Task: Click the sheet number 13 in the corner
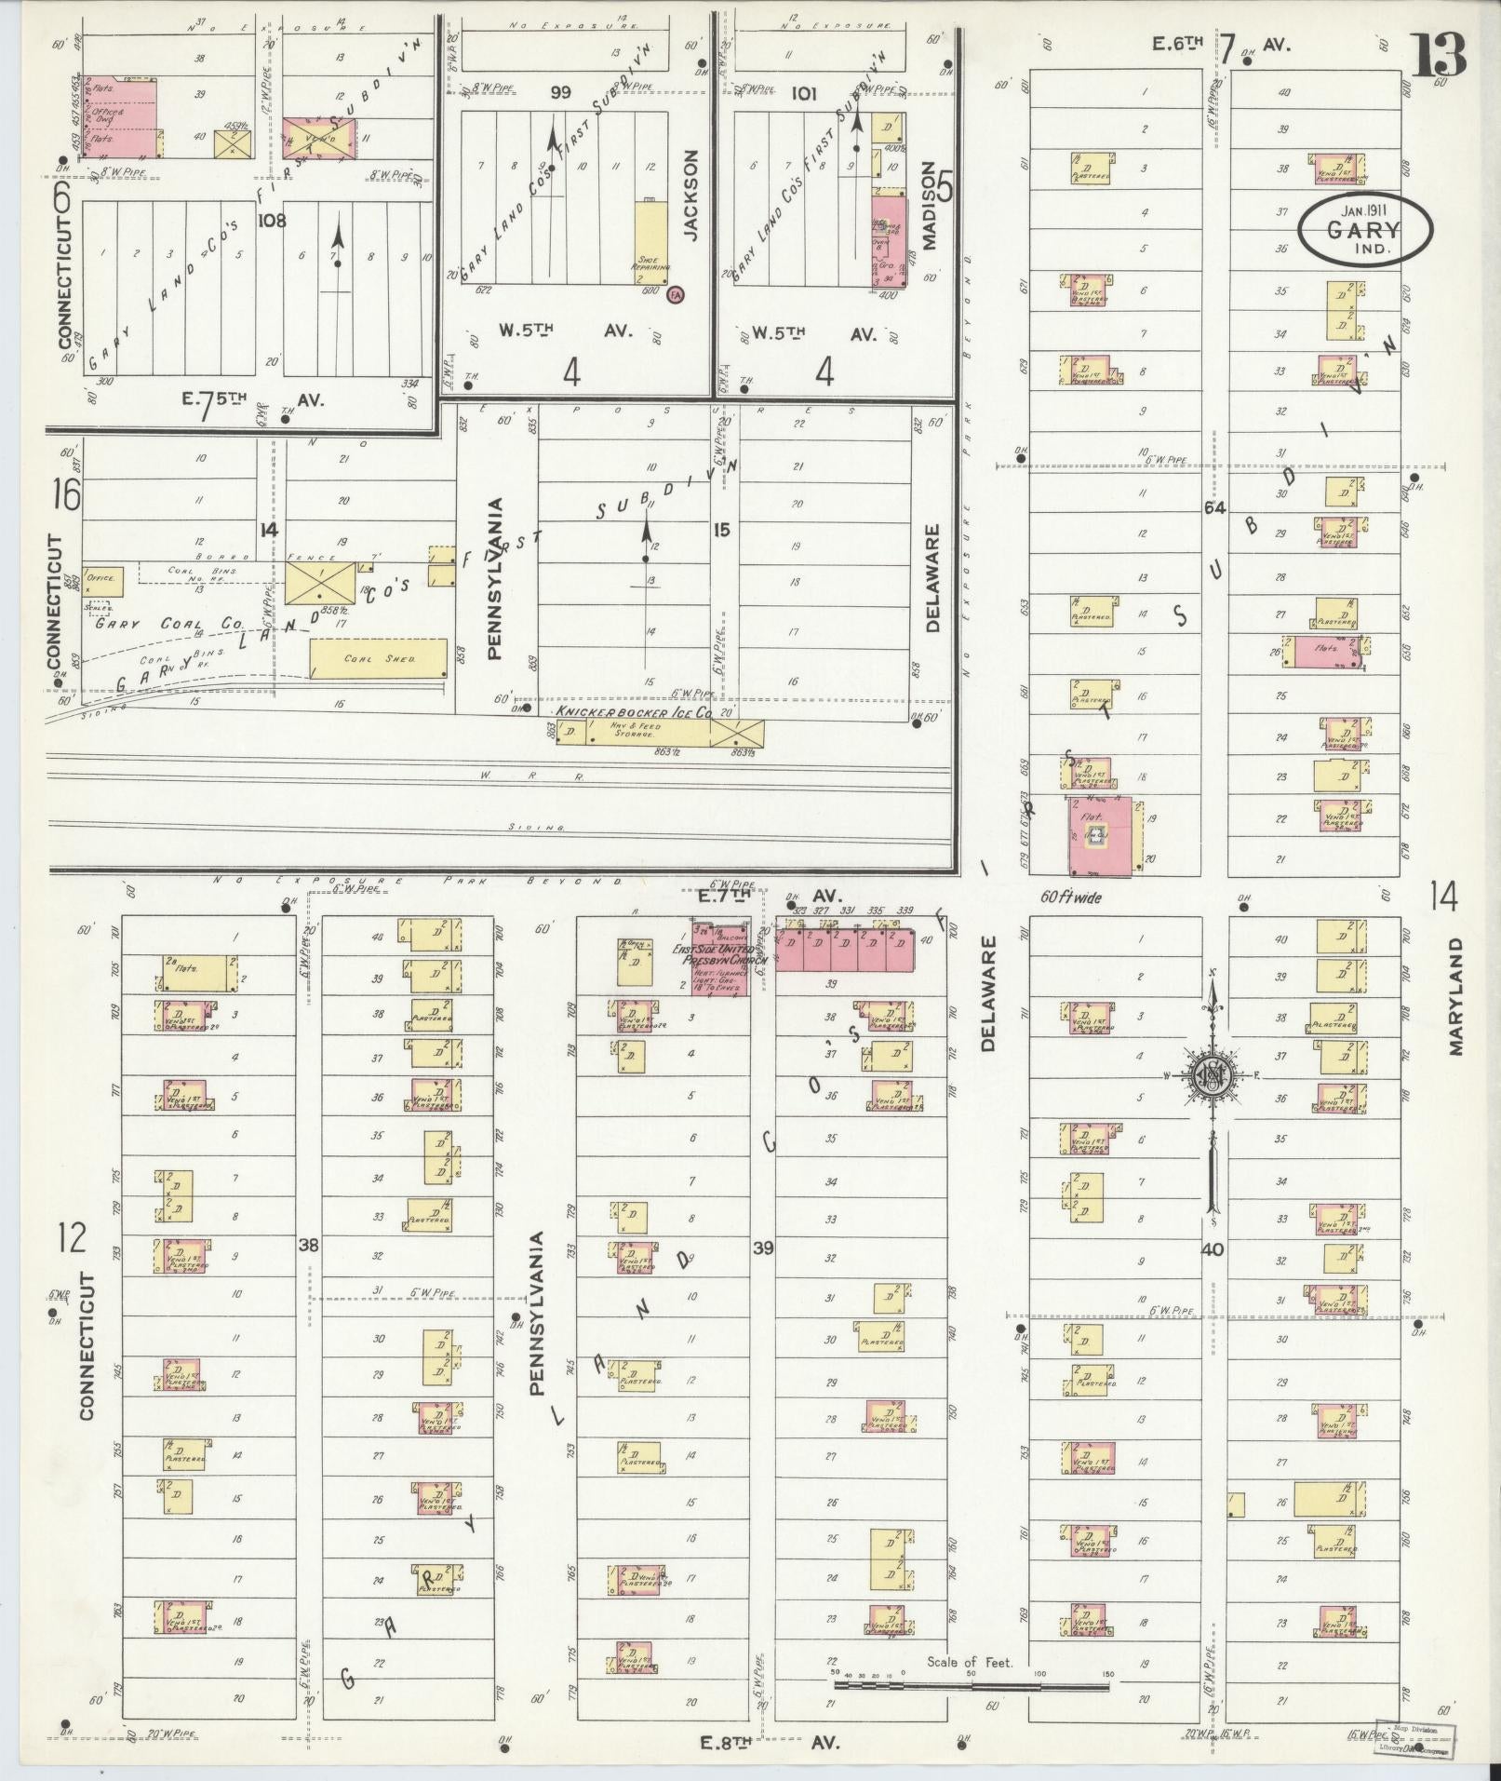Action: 1439,56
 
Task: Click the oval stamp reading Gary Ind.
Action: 1365,229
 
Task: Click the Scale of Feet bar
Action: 972,1685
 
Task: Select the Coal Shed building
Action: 378,658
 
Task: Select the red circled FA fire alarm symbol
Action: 677,294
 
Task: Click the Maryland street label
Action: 1455,995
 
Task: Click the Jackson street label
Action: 690,196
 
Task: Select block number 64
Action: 1213,508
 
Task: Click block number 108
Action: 274,221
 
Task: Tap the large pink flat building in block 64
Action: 1100,835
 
